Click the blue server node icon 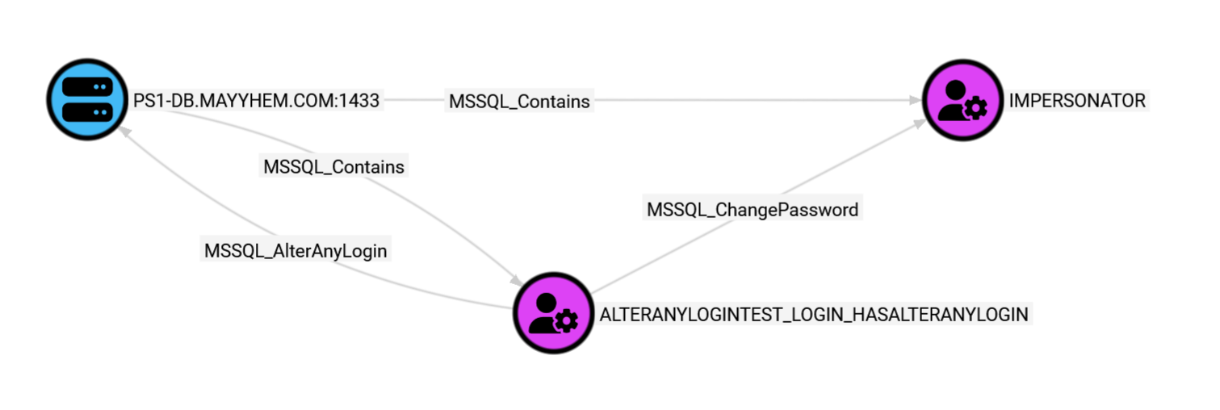click(88, 99)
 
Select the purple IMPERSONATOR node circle click(962, 99)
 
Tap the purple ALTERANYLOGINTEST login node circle click(554, 313)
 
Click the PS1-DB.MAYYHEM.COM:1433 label click(256, 101)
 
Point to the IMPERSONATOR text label click(1077, 101)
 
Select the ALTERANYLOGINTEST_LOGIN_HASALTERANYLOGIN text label click(814, 315)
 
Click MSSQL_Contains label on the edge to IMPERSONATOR click(519, 102)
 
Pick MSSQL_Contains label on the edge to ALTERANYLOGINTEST click(333, 167)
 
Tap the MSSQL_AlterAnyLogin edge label click(296, 251)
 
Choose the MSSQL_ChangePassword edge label click(752, 210)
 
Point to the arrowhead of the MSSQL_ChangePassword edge click(920, 123)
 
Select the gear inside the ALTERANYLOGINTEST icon click(566, 322)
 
